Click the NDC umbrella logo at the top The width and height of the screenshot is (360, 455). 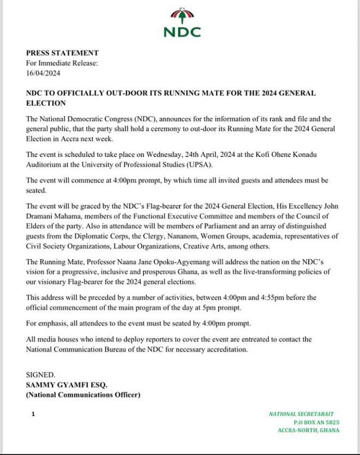click(x=182, y=16)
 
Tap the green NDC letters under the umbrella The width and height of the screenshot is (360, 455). click(x=182, y=32)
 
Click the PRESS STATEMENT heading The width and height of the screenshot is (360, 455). click(x=62, y=53)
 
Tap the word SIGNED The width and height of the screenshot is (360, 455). click(x=40, y=375)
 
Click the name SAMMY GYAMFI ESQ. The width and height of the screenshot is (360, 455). click(x=67, y=385)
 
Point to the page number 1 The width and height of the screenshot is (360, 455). click(x=33, y=415)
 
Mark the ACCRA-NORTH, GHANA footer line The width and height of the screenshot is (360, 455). click(x=308, y=430)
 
